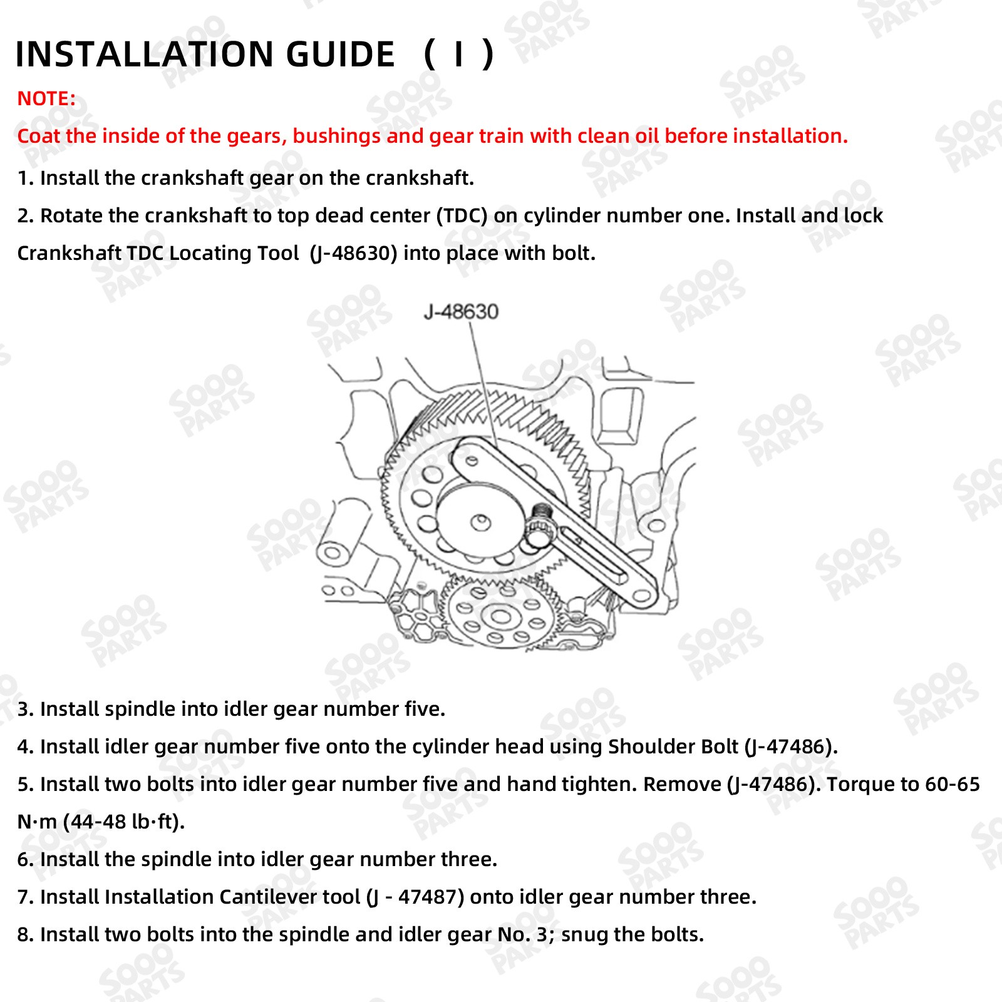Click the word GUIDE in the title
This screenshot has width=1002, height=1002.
coord(340,54)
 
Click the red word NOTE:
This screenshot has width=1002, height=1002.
coord(46,99)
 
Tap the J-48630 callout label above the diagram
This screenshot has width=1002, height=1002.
coord(461,311)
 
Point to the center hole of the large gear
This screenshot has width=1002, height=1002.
coord(480,521)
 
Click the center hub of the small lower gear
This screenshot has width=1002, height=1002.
coord(501,616)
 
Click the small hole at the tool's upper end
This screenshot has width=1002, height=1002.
coord(471,460)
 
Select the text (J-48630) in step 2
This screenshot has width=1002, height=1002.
coord(354,254)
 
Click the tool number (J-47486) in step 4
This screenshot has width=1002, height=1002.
coord(790,747)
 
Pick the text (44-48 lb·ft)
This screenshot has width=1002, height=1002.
coord(123,822)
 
